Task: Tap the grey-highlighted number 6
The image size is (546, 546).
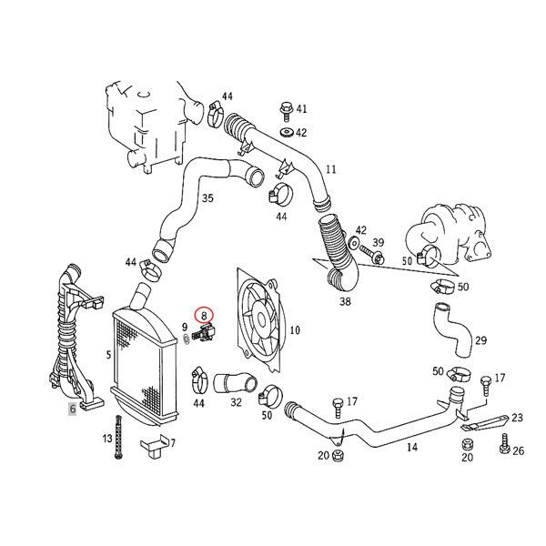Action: (73, 409)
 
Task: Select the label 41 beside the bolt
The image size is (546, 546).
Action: (302, 108)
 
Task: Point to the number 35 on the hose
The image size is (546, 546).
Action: (207, 197)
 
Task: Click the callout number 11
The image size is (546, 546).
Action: (330, 169)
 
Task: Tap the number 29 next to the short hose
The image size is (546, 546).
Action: (480, 340)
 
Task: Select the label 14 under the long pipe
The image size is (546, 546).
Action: (411, 447)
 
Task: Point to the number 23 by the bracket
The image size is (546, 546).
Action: (518, 418)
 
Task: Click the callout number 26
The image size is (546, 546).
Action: (519, 451)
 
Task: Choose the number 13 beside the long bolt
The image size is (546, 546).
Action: (107, 439)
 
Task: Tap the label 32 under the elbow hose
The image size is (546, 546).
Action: (236, 400)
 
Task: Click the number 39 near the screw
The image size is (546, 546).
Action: (379, 243)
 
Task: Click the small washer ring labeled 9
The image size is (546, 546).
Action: (185, 339)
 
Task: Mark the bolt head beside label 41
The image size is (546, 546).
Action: (285, 108)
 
